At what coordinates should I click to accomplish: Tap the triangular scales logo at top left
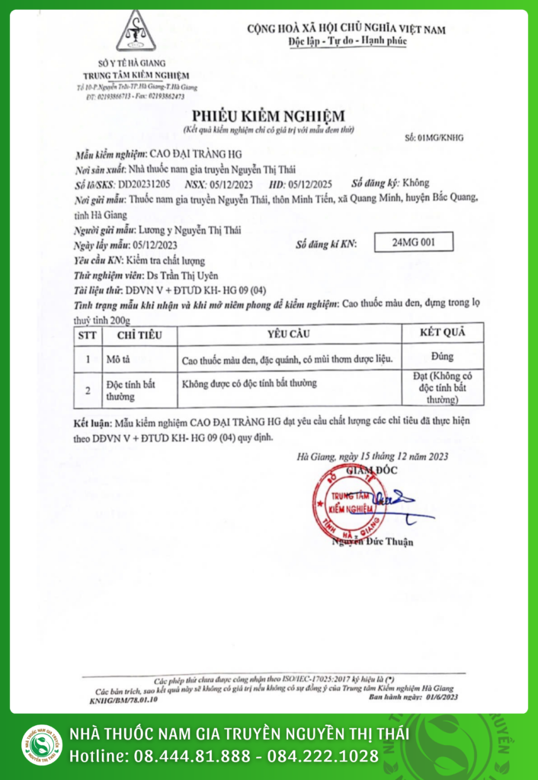pyautogui.click(x=136, y=32)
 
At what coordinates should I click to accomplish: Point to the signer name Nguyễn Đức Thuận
pyautogui.click(x=373, y=542)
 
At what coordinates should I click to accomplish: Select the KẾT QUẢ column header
pyautogui.click(x=441, y=333)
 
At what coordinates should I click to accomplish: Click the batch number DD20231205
pyautogui.click(x=144, y=184)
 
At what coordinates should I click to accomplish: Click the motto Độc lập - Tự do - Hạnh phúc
pyautogui.click(x=347, y=41)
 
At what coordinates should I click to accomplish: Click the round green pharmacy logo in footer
pyautogui.click(x=41, y=744)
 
